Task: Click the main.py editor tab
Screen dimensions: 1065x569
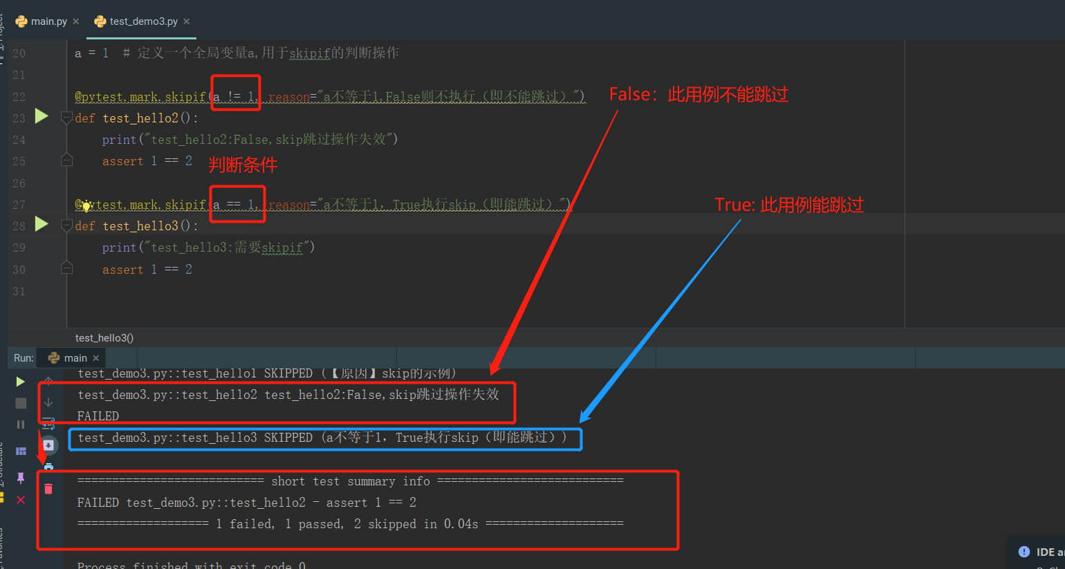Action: point(48,21)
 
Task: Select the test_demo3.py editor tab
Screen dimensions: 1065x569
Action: point(142,21)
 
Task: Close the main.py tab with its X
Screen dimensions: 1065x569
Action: point(76,21)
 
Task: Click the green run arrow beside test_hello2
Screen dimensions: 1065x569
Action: point(41,116)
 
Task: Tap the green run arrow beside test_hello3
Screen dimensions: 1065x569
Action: point(41,224)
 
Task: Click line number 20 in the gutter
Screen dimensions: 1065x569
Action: point(19,53)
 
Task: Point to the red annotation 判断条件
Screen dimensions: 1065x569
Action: point(243,165)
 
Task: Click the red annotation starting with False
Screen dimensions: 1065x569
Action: point(698,94)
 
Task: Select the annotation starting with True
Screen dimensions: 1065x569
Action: point(789,205)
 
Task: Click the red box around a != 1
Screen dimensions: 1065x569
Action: point(236,92)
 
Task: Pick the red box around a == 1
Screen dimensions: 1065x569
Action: point(238,204)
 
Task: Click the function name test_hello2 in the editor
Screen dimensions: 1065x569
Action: point(140,118)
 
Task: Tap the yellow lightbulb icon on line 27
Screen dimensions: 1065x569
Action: point(86,205)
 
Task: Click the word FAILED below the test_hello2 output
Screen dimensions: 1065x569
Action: point(98,416)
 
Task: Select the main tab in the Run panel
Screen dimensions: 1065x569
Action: point(75,358)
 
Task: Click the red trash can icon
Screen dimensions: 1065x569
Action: point(48,489)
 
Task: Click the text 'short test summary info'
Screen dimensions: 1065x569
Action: point(350,481)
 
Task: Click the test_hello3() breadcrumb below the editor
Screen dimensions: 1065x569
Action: point(104,338)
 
